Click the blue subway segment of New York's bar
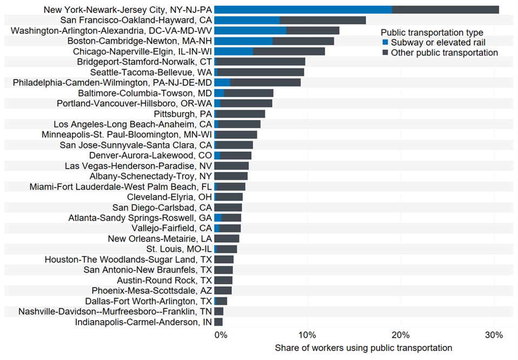[x=303, y=10]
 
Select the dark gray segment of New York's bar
[x=445, y=10]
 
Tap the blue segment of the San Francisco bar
[x=247, y=20]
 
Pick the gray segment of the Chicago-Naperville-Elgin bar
[x=289, y=51]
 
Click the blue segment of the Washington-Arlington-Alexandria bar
[x=250, y=30]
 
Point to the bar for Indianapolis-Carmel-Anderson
[x=218, y=322]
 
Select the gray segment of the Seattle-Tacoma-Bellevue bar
[x=261, y=72]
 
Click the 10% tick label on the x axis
[x=307, y=335]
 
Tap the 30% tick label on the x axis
[x=493, y=335]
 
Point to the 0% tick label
[x=220, y=335]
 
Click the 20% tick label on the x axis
[x=400, y=335]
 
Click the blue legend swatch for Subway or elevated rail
[x=385, y=43]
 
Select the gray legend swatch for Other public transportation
[x=385, y=53]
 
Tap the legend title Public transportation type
[x=431, y=33]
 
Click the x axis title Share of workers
[x=363, y=348]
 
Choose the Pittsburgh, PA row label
[x=183, y=114]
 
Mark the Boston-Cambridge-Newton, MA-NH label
[x=140, y=41]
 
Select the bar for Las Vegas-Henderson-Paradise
[x=231, y=166]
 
